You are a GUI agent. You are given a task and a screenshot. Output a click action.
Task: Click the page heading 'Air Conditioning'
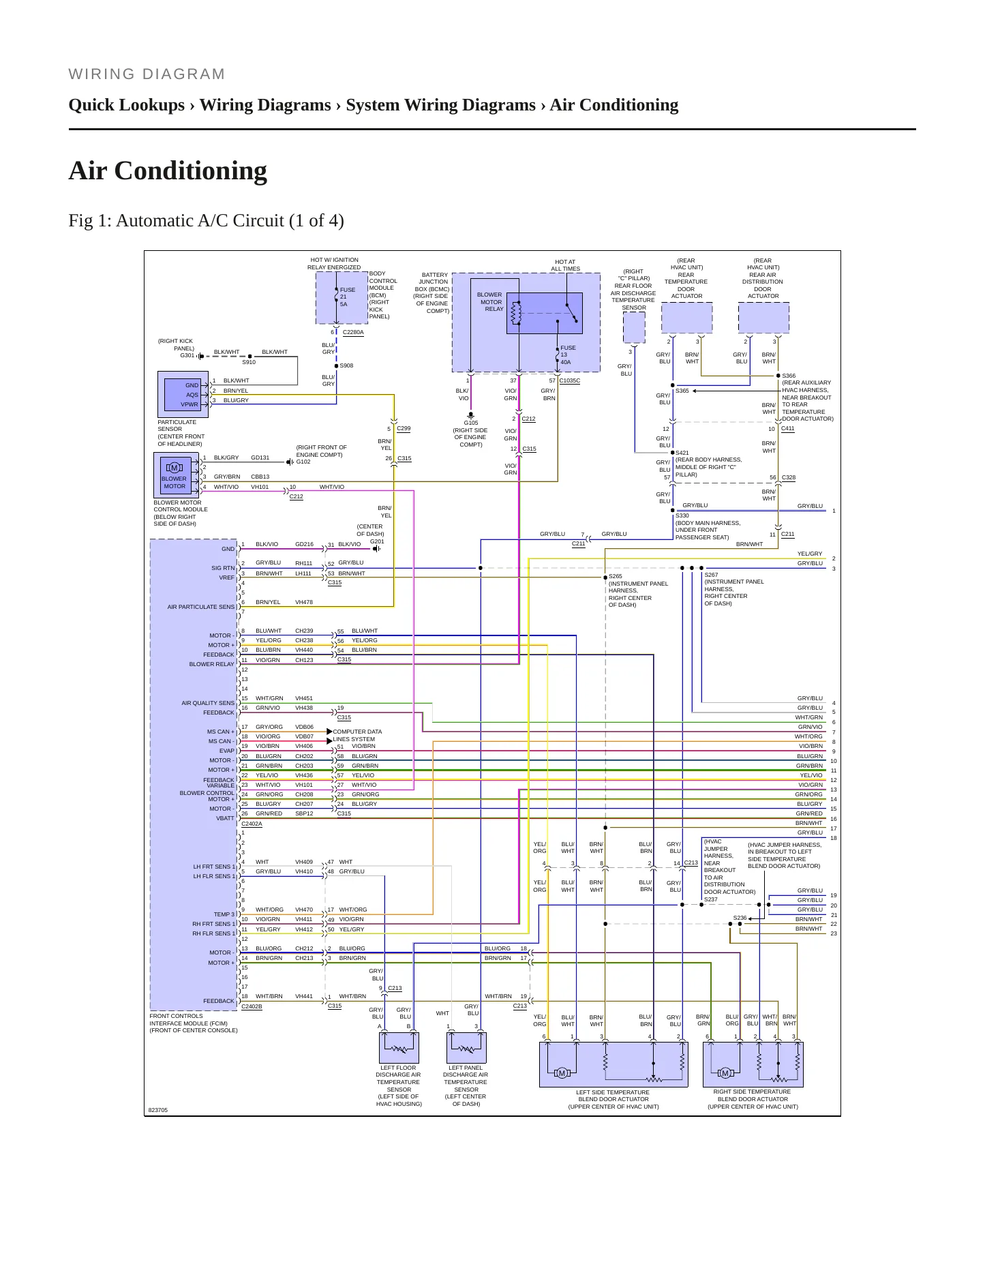pos(168,170)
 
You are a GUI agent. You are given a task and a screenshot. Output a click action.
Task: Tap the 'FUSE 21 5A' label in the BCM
pos(348,297)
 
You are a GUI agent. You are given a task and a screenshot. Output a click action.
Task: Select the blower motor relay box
pos(544,313)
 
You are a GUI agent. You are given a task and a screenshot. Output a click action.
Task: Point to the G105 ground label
pos(470,423)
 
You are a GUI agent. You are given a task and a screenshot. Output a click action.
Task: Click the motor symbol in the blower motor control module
pos(174,468)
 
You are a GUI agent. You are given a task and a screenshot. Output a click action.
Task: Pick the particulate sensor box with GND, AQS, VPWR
pos(183,395)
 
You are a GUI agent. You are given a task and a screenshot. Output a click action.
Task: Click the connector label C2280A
pos(353,333)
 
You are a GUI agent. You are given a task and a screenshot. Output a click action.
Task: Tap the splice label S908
pos(346,366)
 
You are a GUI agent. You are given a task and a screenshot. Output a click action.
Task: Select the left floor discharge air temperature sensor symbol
pos(399,1047)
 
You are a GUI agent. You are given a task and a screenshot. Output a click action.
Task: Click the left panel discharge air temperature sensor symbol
pos(466,1047)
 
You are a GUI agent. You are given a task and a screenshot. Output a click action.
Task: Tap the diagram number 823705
pos(157,1111)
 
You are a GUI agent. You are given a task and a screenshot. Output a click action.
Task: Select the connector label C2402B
pos(252,1006)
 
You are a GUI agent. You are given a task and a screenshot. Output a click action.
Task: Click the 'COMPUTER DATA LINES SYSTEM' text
pos(357,736)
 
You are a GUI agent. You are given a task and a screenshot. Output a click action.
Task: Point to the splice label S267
pos(711,575)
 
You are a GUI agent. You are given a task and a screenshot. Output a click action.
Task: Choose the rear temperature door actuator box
pos(687,318)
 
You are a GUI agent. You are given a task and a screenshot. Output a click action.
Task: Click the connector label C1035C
pos(570,380)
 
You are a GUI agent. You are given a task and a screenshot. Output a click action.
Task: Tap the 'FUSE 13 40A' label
pos(568,355)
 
